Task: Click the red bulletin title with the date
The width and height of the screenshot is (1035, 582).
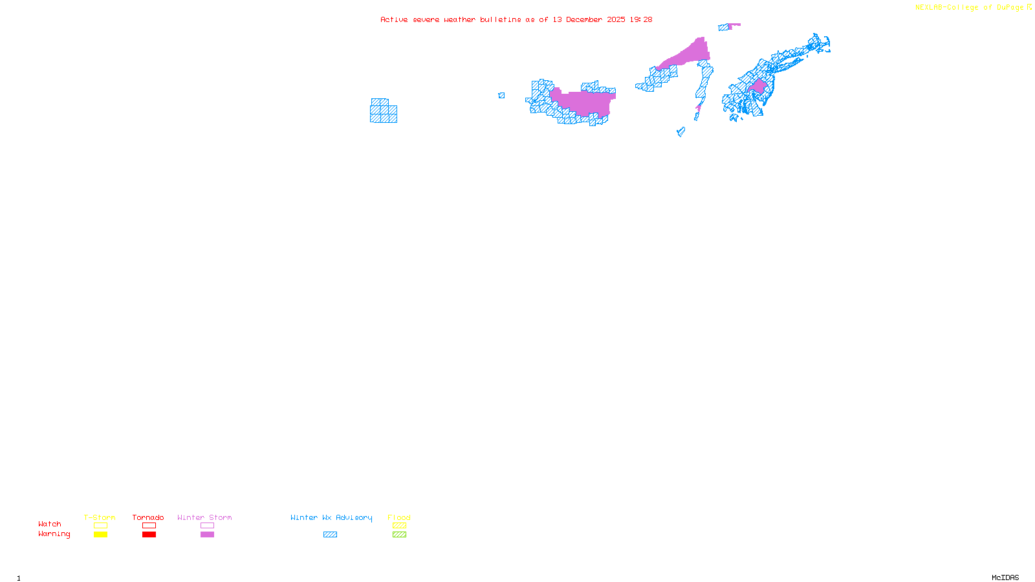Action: pyautogui.click(x=516, y=20)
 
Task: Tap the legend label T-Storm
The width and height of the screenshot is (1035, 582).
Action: pyautogui.click(x=100, y=517)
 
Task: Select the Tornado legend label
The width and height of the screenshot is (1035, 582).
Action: pyautogui.click(x=148, y=517)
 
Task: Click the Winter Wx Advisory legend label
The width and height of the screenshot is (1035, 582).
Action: pyautogui.click(x=331, y=517)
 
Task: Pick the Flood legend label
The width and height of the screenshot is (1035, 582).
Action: pyautogui.click(x=399, y=517)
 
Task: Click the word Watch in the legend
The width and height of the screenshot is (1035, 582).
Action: pyautogui.click(x=50, y=524)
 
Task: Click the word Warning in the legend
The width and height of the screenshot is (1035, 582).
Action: pyautogui.click(x=54, y=534)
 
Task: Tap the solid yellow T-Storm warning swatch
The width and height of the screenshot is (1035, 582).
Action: pyautogui.click(x=100, y=535)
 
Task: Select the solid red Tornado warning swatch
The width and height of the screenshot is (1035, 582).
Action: pyautogui.click(x=149, y=535)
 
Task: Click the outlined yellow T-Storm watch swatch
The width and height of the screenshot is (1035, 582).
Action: pyautogui.click(x=100, y=526)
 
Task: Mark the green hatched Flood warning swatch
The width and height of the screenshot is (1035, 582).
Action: pyautogui.click(x=399, y=535)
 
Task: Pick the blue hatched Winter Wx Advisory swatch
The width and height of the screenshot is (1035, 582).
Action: pyautogui.click(x=330, y=535)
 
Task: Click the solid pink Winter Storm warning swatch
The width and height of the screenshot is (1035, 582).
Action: pyautogui.click(x=207, y=535)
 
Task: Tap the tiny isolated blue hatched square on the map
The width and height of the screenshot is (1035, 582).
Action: pyautogui.click(x=501, y=96)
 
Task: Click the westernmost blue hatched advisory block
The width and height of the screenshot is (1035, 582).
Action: pyautogui.click(x=383, y=111)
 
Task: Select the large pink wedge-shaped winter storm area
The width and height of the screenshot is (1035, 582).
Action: pyautogui.click(x=690, y=54)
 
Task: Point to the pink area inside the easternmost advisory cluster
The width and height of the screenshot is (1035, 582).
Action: pyautogui.click(x=758, y=86)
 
